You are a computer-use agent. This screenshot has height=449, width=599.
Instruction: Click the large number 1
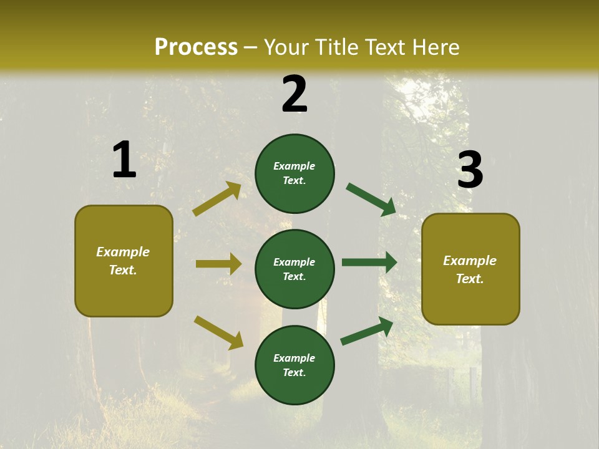pyautogui.click(x=124, y=160)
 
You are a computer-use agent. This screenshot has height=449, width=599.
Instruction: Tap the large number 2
pyautogui.click(x=295, y=94)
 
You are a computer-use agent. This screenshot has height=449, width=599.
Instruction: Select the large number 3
pyautogui.click(x=470, y=170)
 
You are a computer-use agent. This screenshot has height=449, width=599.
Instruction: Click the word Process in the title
pyautogui.click(x=196, y=47)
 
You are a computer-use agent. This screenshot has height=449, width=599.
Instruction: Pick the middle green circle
pyautogui.click(x=295, y=269)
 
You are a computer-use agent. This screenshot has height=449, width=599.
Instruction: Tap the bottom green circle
pyautogui.click(x=295, y=365)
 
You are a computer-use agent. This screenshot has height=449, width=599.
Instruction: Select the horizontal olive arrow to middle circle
pyautogui.click(x=218, y=264)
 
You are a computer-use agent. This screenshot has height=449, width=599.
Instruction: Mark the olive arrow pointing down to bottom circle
pyautogui.click(x=218, y=332)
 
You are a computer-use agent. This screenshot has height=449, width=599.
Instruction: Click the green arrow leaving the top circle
pyautogui.click(x=371, y=199)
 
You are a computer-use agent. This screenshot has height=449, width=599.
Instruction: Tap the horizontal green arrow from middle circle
pyautogui.click(x=369, y=263)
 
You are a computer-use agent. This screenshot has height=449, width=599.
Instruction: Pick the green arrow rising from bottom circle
pyautogui.click(x=367, y=331)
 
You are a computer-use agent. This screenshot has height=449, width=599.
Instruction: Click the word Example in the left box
pyautogui.click(x=123, y=252)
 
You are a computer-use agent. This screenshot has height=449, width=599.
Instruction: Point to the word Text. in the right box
pyautogui.click(x=470, y=279)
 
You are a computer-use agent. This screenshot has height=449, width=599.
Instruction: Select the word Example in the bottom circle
pyautogui.click(x=295, y=358)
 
